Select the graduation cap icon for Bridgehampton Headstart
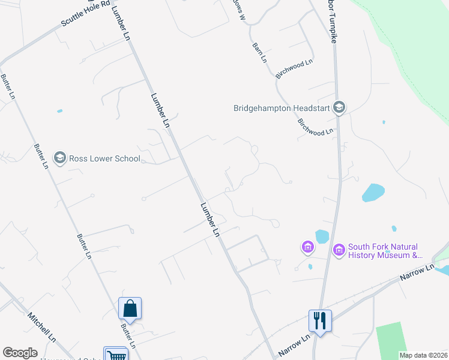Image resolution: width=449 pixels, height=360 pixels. pos(339,107)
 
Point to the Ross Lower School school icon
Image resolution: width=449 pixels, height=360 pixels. pos(59,158)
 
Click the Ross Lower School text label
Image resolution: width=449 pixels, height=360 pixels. pos(104,158)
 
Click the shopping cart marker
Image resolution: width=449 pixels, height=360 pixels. pos(115,355)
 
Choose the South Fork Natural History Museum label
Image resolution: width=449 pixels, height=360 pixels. pos(384,251)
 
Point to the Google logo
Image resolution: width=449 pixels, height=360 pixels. pos(20,353)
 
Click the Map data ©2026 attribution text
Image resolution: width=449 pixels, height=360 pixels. pos(423,355)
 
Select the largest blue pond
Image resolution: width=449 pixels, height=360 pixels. pos(373,193)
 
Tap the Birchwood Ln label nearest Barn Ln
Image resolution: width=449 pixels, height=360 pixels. pos(294,69)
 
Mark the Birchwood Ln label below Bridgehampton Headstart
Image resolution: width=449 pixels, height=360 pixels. pos(316,127)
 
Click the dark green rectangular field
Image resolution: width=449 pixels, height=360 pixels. pos(391,338)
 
